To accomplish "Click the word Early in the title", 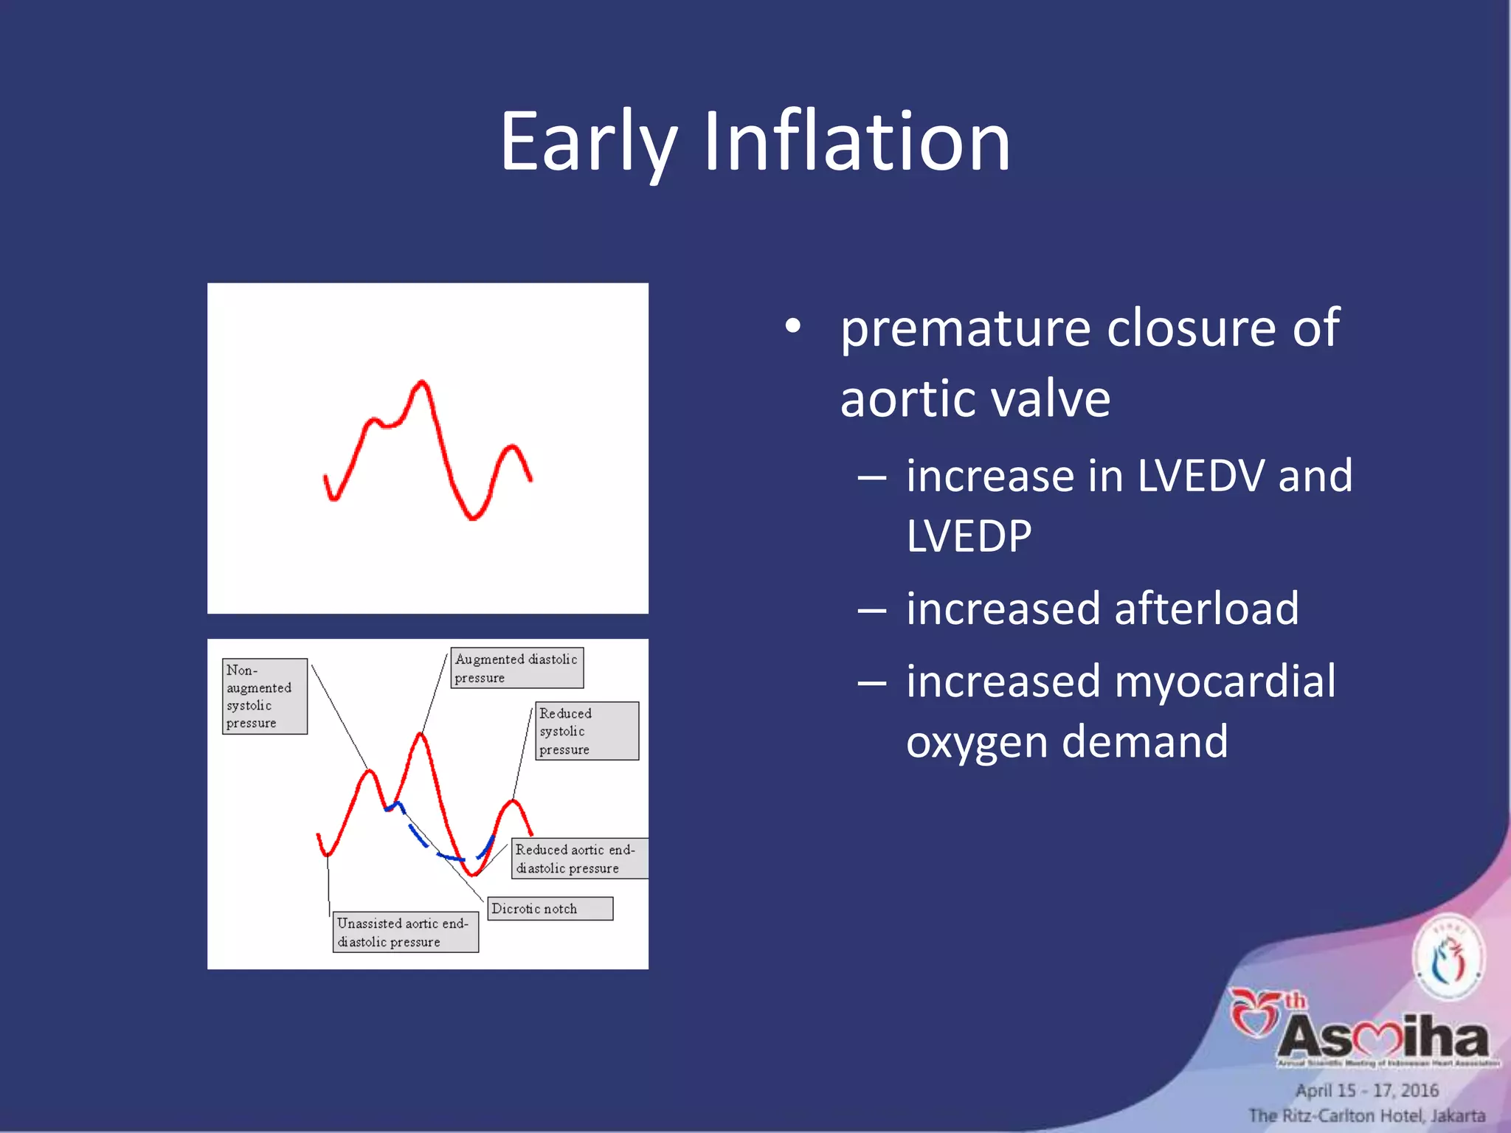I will point(587,142).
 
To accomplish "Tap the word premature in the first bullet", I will point(965,328).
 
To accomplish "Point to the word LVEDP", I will point(969,536).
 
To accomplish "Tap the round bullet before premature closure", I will point(792,326).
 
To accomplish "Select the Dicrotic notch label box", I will point(550,909).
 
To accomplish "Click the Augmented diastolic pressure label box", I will point(516,668).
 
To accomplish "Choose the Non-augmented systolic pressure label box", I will point(264,696).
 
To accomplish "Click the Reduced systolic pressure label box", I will point(587,731).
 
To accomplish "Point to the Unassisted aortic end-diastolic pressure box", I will point(405,932).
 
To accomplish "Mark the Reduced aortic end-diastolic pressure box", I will point(579,859).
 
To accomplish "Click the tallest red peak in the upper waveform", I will point(422,384).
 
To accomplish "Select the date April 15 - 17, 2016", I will point(1367,1090).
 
